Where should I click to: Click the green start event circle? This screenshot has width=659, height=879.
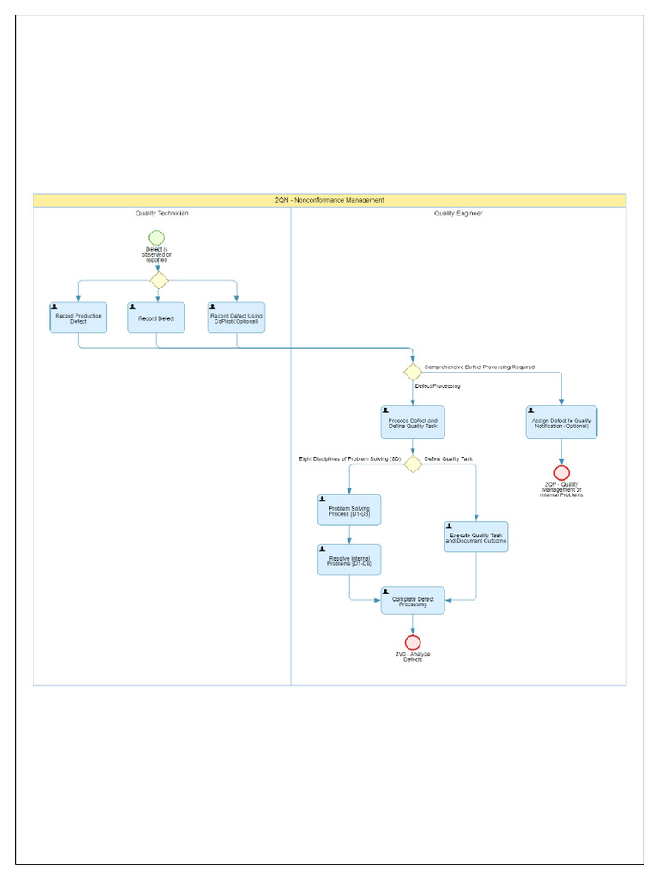point(156,238)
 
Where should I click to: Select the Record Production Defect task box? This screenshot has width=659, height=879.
point(78,318)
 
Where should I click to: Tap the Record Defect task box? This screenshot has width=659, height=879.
point(156,318)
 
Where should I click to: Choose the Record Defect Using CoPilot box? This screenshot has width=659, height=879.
point(236,318)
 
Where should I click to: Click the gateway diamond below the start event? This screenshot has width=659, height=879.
point(159,280)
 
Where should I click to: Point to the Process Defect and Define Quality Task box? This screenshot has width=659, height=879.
point(413,422)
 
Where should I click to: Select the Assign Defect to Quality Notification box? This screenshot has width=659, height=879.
point(561,422)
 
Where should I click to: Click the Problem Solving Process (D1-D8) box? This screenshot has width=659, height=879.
point(349,510)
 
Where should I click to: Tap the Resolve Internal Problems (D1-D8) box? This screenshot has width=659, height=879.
point(349,560)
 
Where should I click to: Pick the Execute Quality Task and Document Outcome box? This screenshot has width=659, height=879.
point(476,537)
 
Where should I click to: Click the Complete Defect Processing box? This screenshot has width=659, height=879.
point(413,601)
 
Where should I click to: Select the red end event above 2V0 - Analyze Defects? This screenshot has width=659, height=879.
point(413,642)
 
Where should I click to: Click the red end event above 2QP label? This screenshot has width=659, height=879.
point(561,472)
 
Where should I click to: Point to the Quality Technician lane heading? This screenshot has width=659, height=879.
point(161,214)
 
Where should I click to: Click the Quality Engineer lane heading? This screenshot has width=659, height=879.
point(458,214)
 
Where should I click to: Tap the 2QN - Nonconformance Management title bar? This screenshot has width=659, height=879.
point(329,200)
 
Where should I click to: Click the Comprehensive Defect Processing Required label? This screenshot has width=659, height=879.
point(479,367)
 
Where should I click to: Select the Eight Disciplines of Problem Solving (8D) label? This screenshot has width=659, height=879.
point(350,459)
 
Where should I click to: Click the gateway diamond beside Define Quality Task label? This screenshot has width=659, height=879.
point(413,464)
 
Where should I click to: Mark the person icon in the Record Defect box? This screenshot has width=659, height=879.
point(132,306)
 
